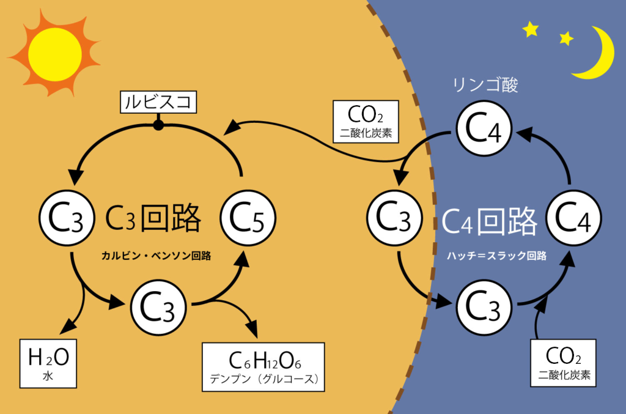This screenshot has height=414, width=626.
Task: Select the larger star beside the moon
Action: pos(530,29)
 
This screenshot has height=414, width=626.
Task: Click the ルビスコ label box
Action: pos(158,102)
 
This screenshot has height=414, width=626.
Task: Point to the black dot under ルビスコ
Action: pos(158,125)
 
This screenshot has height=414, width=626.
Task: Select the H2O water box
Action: pos(48,362)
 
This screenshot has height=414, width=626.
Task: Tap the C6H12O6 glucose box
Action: pos(263,366)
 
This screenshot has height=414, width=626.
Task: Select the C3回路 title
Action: pos(153,218)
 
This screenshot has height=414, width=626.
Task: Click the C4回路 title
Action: pos(489,221)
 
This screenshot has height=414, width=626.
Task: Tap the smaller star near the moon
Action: pos(566,39)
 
